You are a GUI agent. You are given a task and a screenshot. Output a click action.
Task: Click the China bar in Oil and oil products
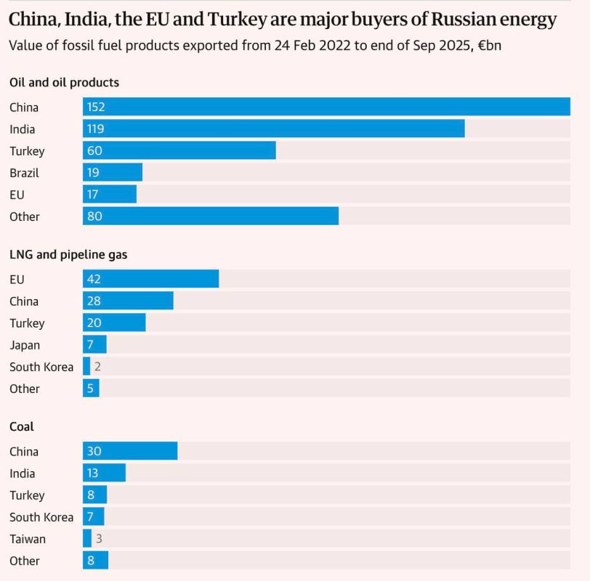[x=326, y=107]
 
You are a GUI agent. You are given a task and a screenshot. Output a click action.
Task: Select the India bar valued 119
[x=273, y=129]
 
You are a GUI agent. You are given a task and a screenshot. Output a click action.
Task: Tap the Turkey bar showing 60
[x=179, y=151]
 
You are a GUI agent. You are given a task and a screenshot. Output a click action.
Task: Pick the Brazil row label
[x=24, y=173]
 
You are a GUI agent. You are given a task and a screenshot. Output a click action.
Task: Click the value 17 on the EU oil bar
[x=92, y=195]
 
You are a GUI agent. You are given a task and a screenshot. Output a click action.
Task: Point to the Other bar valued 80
[x=210, y=216]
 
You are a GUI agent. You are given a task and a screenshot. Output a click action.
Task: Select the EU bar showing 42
[x=150, y=279]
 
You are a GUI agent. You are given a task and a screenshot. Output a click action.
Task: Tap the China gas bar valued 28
[x=128, y=301]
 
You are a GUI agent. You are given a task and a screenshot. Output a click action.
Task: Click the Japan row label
[x=25, y=345]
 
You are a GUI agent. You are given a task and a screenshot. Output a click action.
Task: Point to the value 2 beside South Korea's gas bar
[x=97, y=367]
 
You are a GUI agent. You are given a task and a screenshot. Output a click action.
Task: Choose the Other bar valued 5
[x=91, y=389]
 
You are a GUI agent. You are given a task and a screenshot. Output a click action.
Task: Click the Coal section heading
[x=22, y=427]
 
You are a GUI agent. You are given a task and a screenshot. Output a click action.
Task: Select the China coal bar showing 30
[x=130, y=451]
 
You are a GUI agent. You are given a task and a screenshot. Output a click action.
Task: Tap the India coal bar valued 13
[x=104, y=474]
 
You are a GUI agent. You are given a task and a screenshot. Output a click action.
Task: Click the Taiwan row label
[x=28, y=539]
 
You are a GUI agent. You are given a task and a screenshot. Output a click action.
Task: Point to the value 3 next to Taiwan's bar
[x=98, y=539]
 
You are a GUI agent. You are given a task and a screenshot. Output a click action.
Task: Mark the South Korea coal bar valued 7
[x=94, y=517]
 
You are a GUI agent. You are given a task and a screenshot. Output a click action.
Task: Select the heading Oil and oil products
[x=64, y=83]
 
